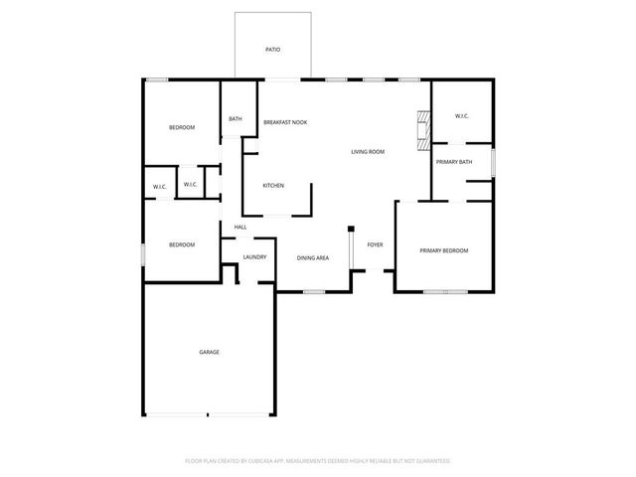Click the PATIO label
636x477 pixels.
pos(272,48)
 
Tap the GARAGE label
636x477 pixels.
pos(209,352)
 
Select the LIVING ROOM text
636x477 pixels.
pos(368,152)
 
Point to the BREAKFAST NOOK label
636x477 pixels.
pos(285,122)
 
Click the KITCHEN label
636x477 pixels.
pos(273,186)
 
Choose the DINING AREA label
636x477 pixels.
pos(313,257)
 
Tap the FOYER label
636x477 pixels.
pos(375,244)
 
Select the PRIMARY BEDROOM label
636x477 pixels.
pos(443,250)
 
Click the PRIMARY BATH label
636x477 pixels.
pos(453,161)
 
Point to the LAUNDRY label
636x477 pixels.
pos(254,257)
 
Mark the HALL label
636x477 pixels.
pos(240,228)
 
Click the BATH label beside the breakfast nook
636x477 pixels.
pos(236,119)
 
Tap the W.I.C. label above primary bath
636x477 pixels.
pos(462,116)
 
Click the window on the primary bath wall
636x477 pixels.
pos(493,161)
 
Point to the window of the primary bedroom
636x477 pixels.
pos(444,292)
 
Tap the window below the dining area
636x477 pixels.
pos(314,292)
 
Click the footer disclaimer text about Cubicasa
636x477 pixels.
pos(318,461)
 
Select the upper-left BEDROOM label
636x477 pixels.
pos(181,127)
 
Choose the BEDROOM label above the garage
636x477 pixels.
pos(181,244)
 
